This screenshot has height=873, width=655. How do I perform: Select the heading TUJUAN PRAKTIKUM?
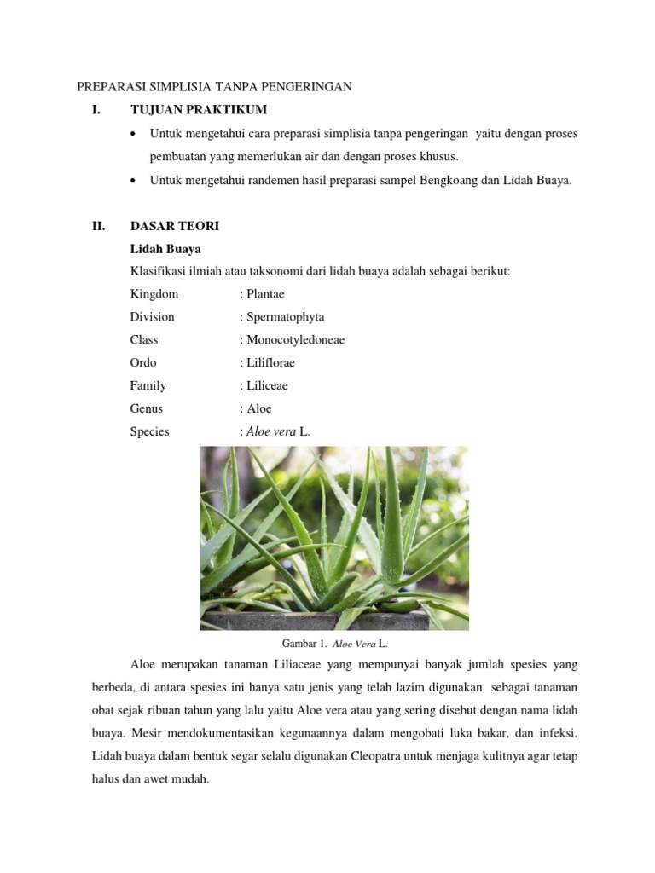pos(198,109)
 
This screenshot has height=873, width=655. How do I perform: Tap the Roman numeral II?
pos(98,226)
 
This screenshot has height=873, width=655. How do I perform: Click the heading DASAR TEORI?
pos(175,226)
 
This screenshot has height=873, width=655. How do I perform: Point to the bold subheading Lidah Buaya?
pos(165,249)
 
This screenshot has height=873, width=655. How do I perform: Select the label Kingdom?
pos(154,294)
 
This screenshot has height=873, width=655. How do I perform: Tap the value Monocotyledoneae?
pos(295,340)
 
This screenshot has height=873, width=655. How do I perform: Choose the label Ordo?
pos(143,362)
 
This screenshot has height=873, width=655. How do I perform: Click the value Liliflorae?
pos(270,362)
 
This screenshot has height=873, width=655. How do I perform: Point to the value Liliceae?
pos(266,385)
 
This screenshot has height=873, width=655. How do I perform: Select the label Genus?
pos(147,408)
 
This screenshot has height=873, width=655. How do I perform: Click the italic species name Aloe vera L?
pos(278,431)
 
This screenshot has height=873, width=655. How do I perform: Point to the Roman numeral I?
pos(96,109)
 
